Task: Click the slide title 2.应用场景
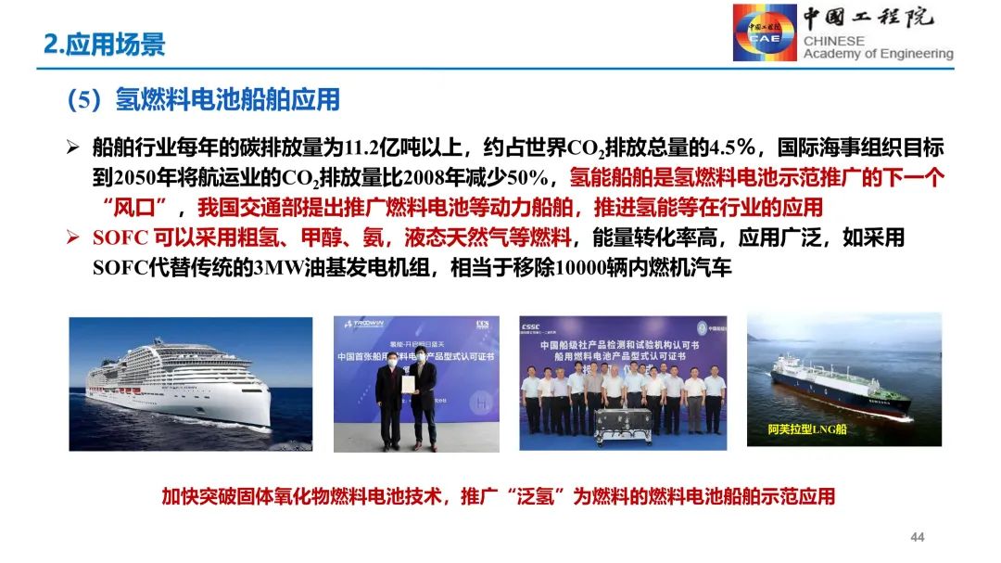[x=104, y=44]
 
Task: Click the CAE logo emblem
[x=765, y=32]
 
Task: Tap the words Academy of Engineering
[x=878, y=54]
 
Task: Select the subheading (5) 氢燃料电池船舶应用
[x=204, y=99]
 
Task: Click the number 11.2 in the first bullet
[x=360, y=147]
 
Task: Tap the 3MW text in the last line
[x=275, y=267]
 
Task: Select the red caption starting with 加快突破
[x=499, y=496]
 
